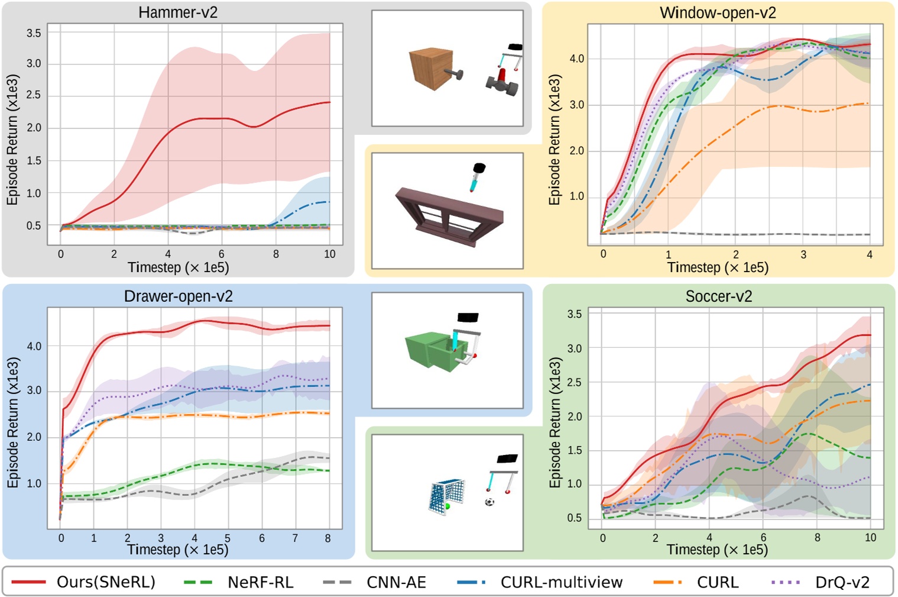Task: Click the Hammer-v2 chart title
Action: (178, 12)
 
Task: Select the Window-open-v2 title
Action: (718, 13)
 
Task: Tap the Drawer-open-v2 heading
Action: (178, 296)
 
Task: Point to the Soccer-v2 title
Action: (718, 296)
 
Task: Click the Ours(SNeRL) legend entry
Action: (83, 582)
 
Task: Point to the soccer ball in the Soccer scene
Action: (489, 502)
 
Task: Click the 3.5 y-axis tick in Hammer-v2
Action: (34, 33)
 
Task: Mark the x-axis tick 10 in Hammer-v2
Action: (329, 254)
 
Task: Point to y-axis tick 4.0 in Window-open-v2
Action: (576, 59)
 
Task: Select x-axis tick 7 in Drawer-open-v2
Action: (295, 538)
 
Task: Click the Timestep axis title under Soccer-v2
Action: (717, 550)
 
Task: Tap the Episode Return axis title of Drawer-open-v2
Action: (13, 422)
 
